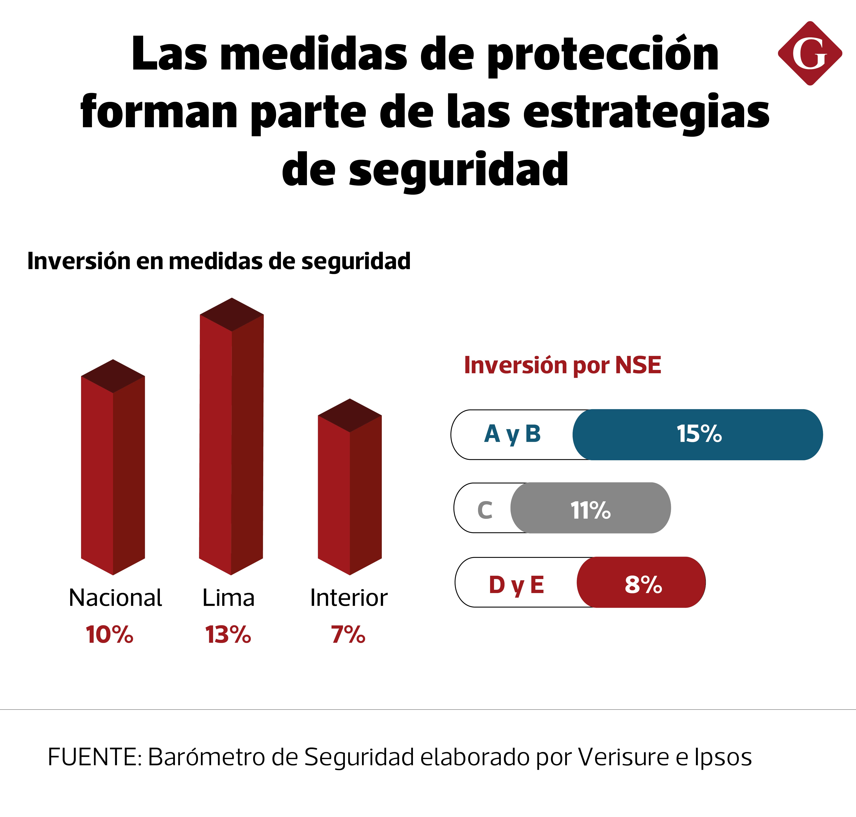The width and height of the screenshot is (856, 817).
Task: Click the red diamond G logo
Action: click(x=810, y=53)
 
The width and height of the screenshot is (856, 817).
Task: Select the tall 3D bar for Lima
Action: click(x=231, y=436)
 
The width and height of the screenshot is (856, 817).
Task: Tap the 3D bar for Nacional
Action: click(x=113, y=467)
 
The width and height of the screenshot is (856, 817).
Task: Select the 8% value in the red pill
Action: click(x=643, y=584)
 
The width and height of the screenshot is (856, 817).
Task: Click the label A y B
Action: click(x=512, y=434)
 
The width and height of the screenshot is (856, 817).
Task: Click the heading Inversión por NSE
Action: click(x=562, y=365)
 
